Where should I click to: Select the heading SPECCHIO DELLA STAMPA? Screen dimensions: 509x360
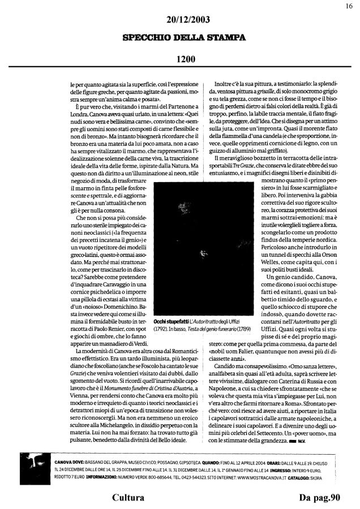coord(181,38)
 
